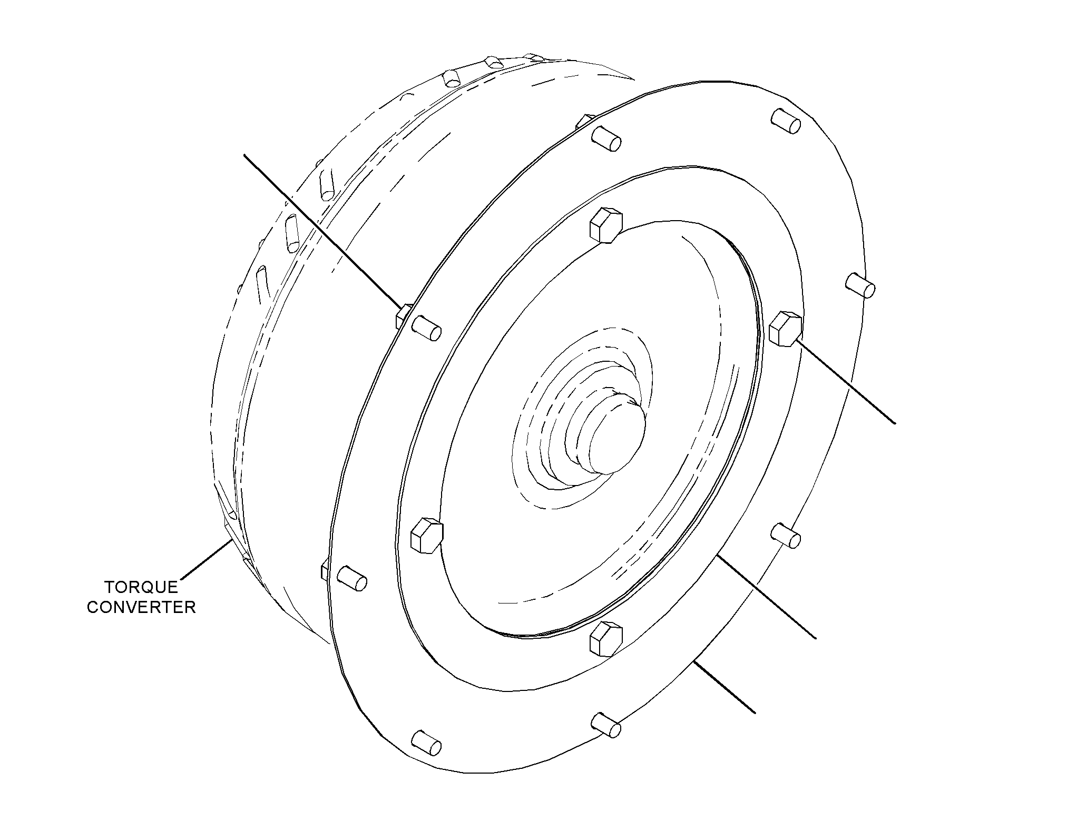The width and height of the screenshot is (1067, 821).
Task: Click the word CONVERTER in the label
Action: coord(142,607)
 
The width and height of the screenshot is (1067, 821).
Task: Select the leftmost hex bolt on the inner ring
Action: coord(426,535)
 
